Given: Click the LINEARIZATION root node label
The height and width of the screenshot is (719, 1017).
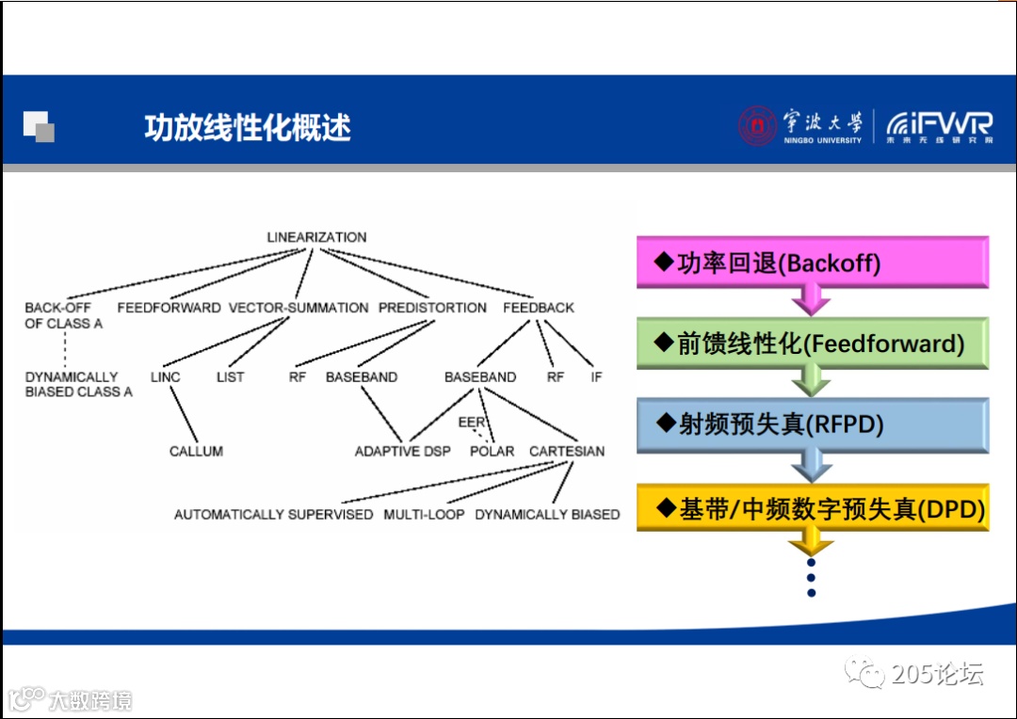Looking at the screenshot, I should coord(316,237).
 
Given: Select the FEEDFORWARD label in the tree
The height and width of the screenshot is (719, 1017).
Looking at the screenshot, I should coord(169,308).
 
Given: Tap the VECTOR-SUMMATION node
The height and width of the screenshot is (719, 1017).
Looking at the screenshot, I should coord(299,308).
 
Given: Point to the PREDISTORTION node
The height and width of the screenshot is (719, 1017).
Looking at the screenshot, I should coord(432,308).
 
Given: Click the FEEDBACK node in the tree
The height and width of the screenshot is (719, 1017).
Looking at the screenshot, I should coord(538,308).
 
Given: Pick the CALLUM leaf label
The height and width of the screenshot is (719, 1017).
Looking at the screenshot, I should coord(196,452).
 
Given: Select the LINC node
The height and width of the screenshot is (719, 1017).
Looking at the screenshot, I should coord(165,377).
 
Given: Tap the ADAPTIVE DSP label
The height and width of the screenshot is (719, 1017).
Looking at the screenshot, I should coord(402,452).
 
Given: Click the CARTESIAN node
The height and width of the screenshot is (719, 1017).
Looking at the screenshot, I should coord(567,452).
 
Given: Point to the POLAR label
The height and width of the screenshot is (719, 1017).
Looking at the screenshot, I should coord(492,452).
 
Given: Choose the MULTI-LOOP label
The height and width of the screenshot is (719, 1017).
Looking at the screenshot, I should coord(424,515).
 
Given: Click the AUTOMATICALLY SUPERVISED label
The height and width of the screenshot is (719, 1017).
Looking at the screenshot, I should coord(273,515).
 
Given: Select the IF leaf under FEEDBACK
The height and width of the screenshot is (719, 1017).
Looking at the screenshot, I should coord(595,377).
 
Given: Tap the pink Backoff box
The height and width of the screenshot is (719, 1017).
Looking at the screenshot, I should coord(812,263).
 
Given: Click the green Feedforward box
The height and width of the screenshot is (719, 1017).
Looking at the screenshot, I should coord(812,344).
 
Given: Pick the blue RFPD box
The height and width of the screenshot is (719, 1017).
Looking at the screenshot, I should coord(812,424).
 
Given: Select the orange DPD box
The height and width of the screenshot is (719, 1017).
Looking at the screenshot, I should coord(812,509).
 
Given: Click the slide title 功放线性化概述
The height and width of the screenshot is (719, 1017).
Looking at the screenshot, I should coord(247,127).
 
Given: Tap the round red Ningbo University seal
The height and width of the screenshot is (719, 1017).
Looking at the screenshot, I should coord(757,126).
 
